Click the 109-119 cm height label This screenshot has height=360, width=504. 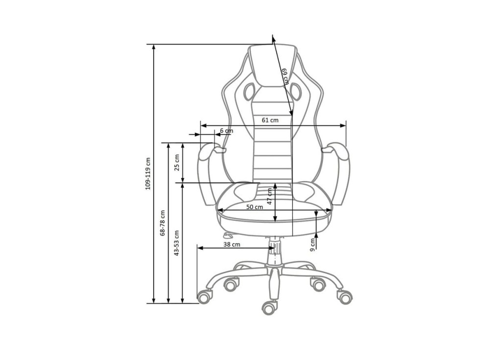[x=148, y=173]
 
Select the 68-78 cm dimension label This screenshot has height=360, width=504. [x=163, y=223]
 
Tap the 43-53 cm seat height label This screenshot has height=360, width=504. [x=176, y=243]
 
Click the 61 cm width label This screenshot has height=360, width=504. [x=270, y=120]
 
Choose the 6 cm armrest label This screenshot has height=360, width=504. [x=227, y=131]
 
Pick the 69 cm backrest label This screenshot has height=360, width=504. [x=285, y=76]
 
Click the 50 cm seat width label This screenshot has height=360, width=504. [x=255, y=207]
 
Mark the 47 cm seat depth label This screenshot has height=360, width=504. [x=270, y=196]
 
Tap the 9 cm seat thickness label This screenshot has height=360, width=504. [x=312, y=244]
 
